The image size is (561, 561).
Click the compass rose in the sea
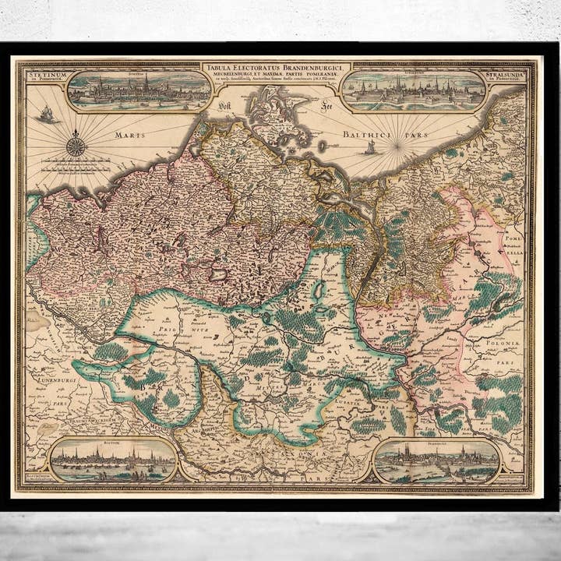[76, 145]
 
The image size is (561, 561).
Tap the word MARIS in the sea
[130, 135]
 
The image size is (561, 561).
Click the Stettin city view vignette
[139, 91]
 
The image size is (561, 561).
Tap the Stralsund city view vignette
[414, 91]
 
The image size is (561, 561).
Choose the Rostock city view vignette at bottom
[113, 460]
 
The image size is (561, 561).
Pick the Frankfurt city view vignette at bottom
[436, 461]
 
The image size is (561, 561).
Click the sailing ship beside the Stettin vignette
[46, 115]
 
